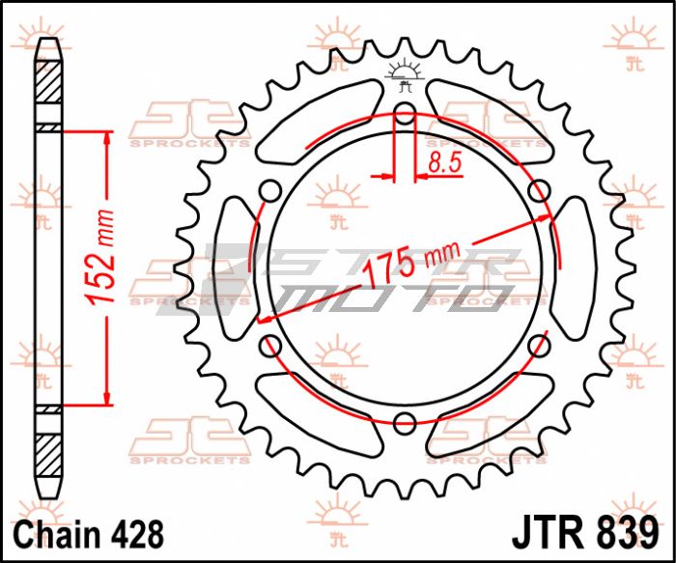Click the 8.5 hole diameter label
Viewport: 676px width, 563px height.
click(x=445, y=162)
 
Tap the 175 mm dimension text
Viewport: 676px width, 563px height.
click(x=410, y=264)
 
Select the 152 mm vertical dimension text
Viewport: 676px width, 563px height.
click(x=99, y=258)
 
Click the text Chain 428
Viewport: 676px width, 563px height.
click(x=89, y=535)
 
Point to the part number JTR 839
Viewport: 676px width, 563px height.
click(x=585, y=534)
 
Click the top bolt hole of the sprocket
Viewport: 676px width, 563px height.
click(x=405, y=113)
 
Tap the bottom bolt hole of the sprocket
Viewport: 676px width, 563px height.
click(x=405, y=422)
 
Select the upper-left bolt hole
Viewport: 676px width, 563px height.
click(x=271, y=190)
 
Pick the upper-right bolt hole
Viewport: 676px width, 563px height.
click(x=539, y=190)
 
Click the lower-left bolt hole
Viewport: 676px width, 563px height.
click(x=271, y=345)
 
